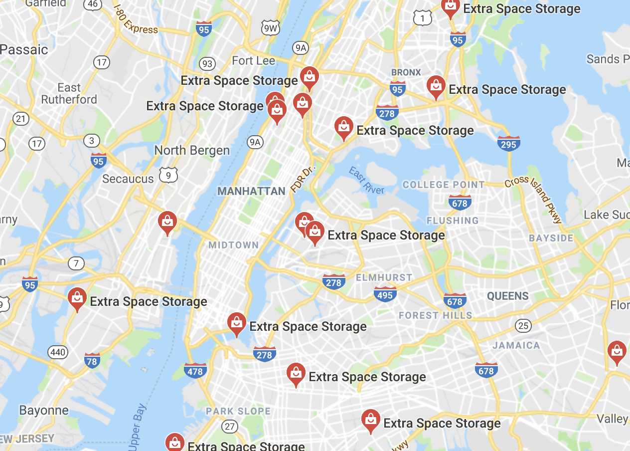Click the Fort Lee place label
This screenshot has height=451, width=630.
point(253,61)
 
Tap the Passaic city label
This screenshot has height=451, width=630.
point(24,50)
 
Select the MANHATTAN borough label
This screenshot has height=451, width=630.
point(251,191)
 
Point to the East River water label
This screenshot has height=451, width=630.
point(366,180)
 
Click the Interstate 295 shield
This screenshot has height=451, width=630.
point(508,144)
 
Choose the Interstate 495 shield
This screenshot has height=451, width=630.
point(385,294)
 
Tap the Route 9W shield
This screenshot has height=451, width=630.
point(270,28)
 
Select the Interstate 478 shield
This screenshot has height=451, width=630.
point(195,371)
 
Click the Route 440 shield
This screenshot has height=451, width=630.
point(58,353)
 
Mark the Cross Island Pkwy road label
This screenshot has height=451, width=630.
point(534,200)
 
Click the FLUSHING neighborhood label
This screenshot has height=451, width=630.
point(452,221)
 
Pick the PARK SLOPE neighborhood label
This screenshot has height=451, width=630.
point(239,412)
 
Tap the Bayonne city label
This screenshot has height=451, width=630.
point(44,411)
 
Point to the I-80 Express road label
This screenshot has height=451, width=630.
point(136,21)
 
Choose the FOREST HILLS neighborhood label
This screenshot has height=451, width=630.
point(435,315)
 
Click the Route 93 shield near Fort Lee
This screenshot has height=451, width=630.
point(207,64)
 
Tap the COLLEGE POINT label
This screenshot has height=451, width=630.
point(444,185)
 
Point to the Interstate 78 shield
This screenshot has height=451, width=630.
point(92,361)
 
